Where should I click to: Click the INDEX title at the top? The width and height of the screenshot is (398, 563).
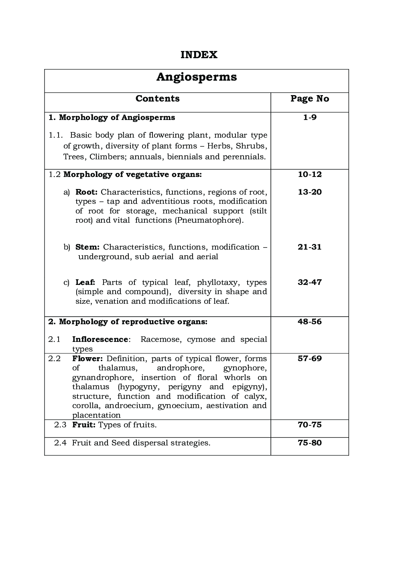click(199, 55)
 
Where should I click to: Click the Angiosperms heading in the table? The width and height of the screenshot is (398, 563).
click(196, 77)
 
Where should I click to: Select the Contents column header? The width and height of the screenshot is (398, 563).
click(157, 99)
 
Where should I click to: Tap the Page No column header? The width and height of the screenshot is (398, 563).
click(309, 99)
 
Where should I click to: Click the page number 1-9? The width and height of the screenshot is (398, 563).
click(309, 118)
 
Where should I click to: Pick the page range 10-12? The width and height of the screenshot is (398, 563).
click(309, 175)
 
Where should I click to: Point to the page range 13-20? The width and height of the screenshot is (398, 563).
click(309, 192)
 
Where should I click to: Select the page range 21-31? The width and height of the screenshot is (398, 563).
click(309, 247)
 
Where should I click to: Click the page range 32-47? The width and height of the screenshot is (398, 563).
click(309, 283)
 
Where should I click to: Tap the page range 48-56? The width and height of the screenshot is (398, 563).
click(309, 322)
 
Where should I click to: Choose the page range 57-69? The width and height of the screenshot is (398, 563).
click(309, 359)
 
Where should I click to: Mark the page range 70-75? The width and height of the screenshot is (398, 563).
click(309, 425)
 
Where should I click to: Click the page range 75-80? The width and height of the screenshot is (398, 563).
click(309, 443)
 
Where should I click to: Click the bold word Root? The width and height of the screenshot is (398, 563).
click(86, 192)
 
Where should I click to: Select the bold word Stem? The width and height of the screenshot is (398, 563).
click(87, 247)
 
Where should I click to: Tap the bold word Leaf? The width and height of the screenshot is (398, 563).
click(85, 283)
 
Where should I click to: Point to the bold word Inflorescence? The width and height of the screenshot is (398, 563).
click(100, 339)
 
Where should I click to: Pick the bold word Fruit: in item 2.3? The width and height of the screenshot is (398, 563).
click(83, 425)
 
